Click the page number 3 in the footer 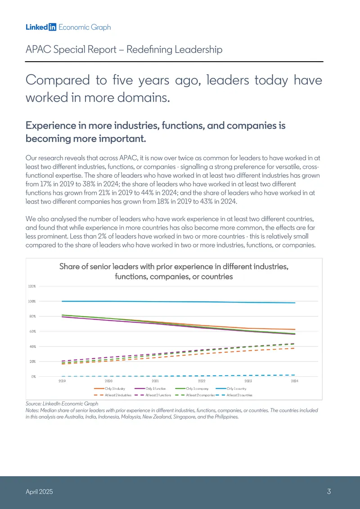[x=329, y=491]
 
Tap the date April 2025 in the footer [x=39, y=492]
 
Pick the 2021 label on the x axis [x=155, y=382]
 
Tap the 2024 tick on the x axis [x=295, y=382]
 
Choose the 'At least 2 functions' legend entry [x=153, y=395]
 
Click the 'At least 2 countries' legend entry [x=234, y=395]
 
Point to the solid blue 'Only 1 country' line [x=178, y=302]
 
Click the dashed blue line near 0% [x=178, y=376]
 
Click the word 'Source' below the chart [x=33, y=404]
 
